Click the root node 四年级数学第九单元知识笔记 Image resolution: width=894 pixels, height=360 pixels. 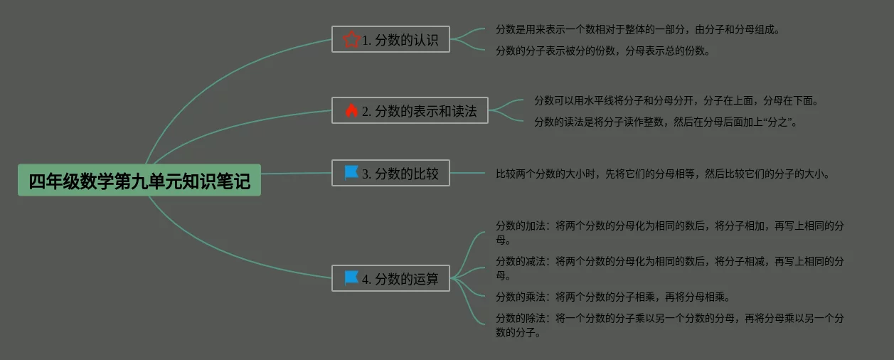pyautogui.click(x=139, y=180)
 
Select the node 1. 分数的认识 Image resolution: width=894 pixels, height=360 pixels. pyautogui.click(x=390, y=40)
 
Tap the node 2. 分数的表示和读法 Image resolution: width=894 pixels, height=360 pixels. pyautogui.click(x=410, y=110)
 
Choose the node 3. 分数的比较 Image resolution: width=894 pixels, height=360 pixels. pyautogui.click(x=390, y=173)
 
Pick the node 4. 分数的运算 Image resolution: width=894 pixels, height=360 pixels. pyautogui.click(x=390, y=278)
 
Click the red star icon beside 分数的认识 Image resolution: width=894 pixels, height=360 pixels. pyautogui.click(x=351, y=39)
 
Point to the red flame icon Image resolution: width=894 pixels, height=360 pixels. pyautogui.click(x=351, y=110)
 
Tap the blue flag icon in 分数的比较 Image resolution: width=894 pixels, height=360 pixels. pyautogui.click(x=351, y=172)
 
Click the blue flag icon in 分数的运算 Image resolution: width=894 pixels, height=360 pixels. pyautogui.click(x=351, y=277)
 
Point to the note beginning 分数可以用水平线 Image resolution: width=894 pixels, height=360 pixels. pyautogui.click(x=676, y=101)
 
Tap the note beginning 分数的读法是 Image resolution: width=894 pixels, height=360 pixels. pyautogui.click(x=665, y=122)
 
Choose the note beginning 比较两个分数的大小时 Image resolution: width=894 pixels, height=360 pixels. pyautogui.click(x=662, y=173)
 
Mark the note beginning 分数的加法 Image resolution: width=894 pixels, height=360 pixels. pyautogui.click(x=669, y=233)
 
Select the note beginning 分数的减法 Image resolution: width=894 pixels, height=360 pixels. pyautogui.click(x=669, y=268)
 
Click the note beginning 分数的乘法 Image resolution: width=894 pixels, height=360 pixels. pyautogui.click(x=612, y=297)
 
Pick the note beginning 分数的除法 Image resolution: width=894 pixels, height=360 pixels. pyautogui.click(x=669, y=325)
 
